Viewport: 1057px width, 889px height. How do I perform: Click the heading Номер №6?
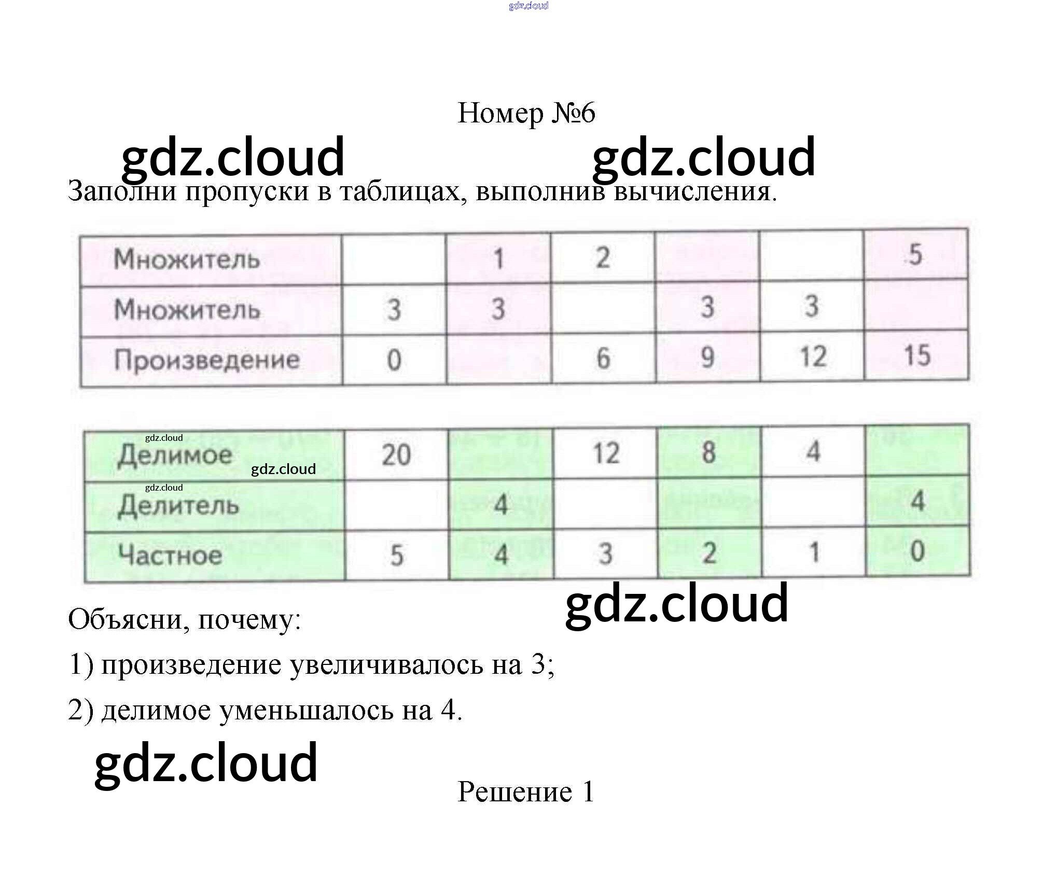526,113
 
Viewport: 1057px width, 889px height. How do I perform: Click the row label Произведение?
206,360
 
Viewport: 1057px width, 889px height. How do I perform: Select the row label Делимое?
175,455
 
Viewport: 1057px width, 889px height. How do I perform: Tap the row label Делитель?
178,505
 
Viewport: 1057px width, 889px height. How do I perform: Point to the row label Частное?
170,554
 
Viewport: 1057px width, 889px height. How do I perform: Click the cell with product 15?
916,356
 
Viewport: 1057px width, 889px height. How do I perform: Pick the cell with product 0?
394,360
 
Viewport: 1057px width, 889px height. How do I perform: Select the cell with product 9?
707,357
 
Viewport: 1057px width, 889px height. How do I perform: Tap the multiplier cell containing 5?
915,255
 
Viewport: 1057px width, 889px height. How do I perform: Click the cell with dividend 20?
396,455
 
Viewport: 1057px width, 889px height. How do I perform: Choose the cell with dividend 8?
708,452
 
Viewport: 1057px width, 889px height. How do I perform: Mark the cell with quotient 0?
917,551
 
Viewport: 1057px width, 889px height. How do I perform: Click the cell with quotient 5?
396,555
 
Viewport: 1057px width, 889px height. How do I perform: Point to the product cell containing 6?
603,358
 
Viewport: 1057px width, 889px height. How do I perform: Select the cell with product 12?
812,357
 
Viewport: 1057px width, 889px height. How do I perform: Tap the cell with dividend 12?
605,453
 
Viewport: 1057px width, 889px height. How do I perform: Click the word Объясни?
124,619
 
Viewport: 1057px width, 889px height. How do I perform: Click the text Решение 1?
525,792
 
